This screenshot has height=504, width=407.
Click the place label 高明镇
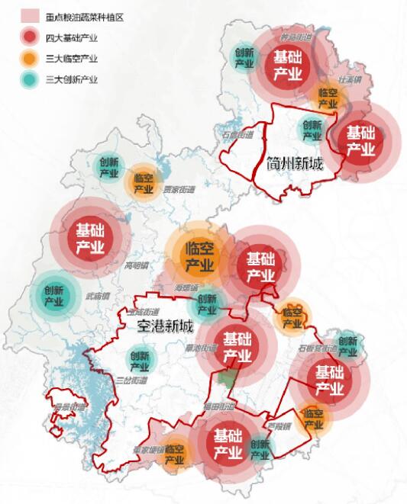[x=138, y=266]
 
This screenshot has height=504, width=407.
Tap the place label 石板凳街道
[x=318, y=348]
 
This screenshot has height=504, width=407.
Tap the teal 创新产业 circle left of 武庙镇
[x=53, y=296]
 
